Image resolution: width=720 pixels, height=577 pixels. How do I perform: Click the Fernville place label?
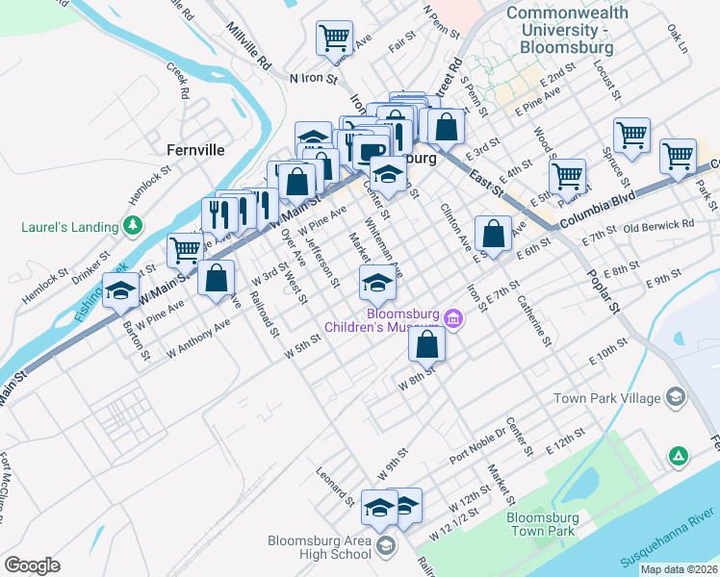pyautogui.click(x=195, y=150)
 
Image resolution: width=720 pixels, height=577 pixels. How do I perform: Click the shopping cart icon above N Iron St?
pyautogui.click(x=334, y=39)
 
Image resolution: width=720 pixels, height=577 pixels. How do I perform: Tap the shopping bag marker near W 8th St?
pyautogui.click(x=427, y=343)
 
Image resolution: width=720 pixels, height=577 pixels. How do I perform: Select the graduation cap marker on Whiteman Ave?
pyautogui.click(x=377, y=283)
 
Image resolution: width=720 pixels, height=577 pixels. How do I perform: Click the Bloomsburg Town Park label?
pyautogui.click(x=541, y=524)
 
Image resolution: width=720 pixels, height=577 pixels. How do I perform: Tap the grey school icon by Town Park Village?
pyautogui.click(x=676, y=397)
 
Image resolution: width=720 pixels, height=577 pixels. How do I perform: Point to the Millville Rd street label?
pyautogui.click(x=249, y=47)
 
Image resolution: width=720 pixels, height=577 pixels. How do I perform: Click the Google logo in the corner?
pyautogui.click(x=32, y=564)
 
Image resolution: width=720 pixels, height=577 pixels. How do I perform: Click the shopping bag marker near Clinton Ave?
pyautogui.click(x=493, y=234)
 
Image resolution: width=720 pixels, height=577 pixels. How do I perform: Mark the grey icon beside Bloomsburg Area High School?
pyautogui.click(x=385, y=546)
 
